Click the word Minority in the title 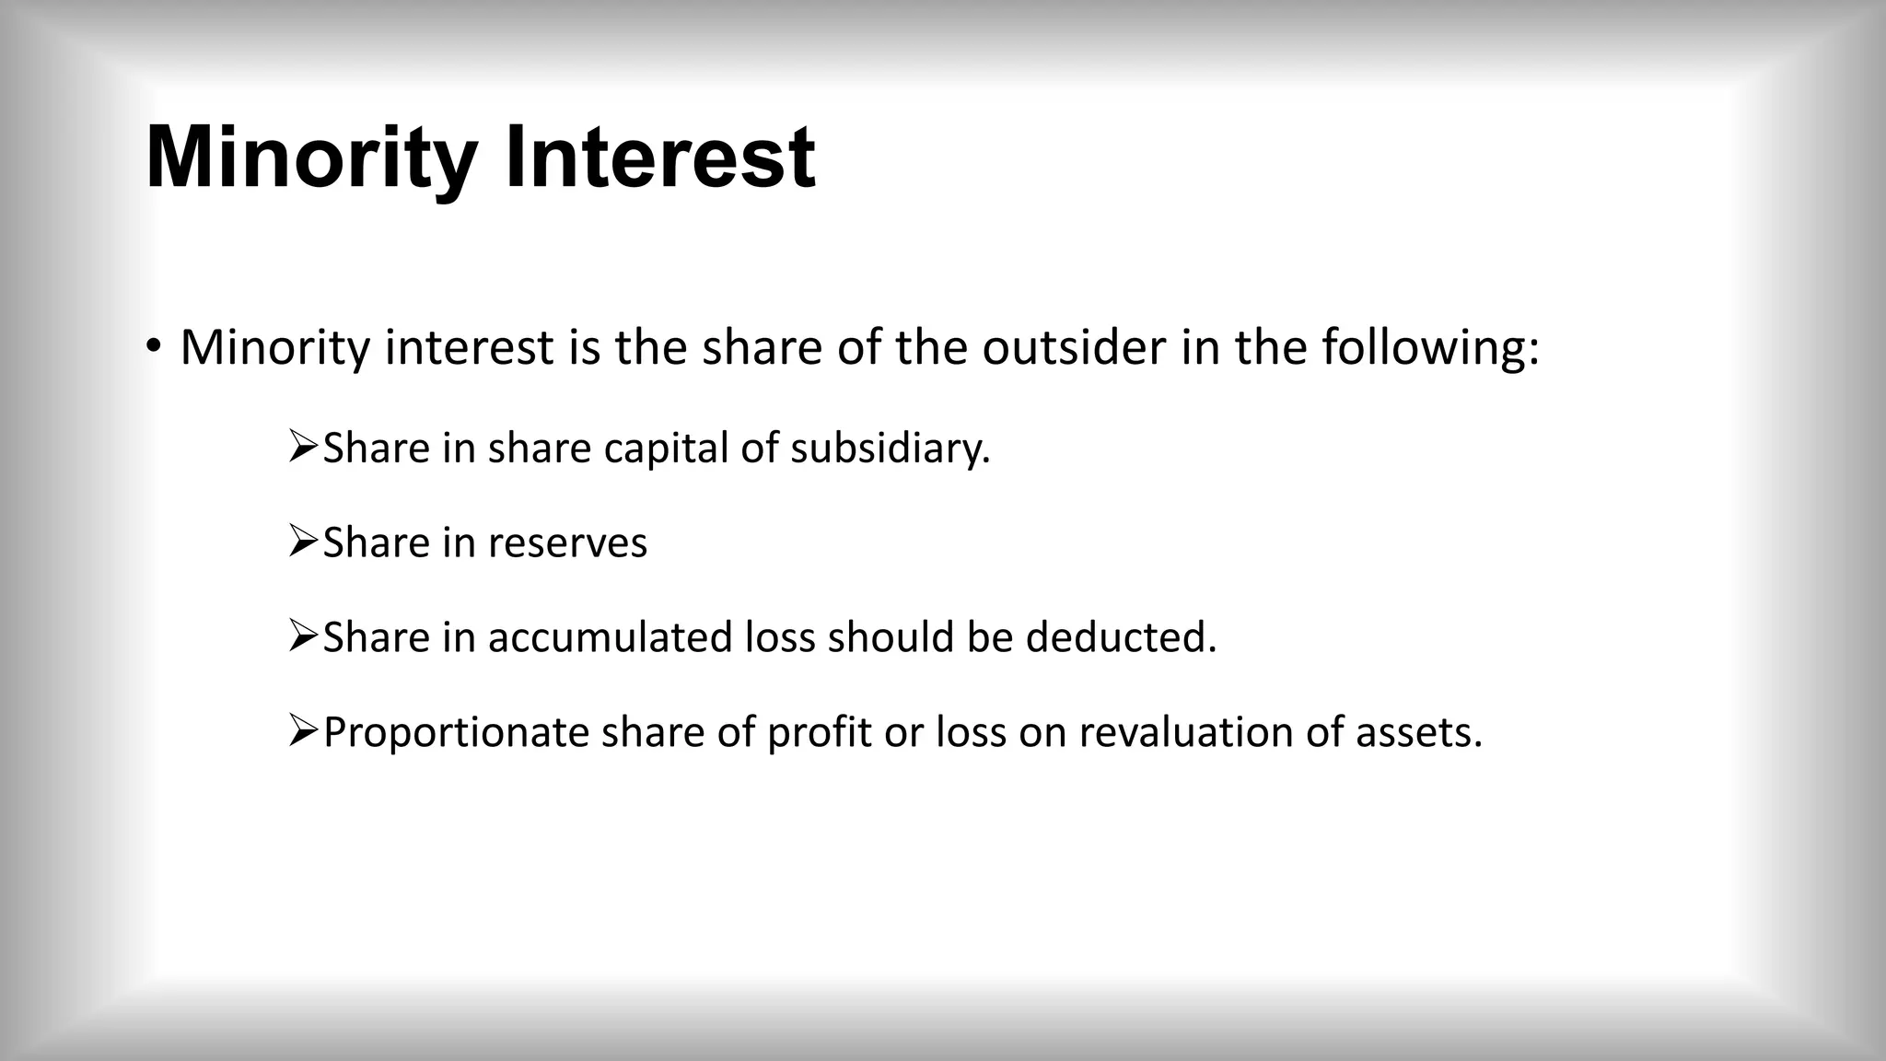click(310, 158)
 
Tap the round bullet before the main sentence click(153, 347)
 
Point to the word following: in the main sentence click(1430, 347)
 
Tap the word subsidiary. click(890, 449)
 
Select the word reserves click(567, 542)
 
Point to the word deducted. click(1121, 637)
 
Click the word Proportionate click(456, 733)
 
